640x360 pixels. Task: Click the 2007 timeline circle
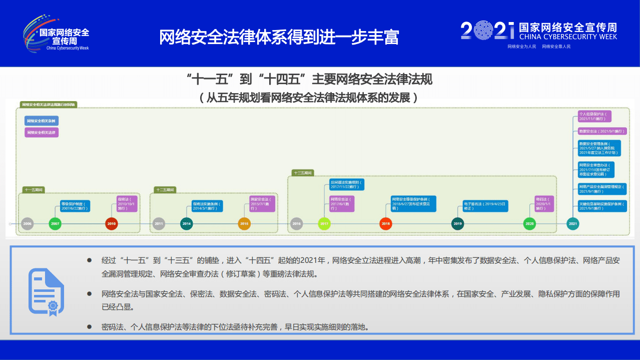point(55,224)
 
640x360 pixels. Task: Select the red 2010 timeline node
point(112,224)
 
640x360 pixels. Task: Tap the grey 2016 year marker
point(296,224)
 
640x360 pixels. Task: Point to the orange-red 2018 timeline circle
point(385,224)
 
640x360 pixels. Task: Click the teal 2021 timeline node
point(573,224)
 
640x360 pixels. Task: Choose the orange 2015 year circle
point(244,224)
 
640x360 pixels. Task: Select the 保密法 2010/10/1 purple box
point(123,204)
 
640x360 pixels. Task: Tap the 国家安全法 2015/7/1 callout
point(263,204)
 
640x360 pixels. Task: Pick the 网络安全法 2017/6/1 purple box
point(342,204)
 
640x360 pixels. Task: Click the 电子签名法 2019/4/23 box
point(485,206)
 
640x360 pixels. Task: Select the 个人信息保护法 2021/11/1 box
point(594,116)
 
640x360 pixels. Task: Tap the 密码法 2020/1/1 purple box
point(544,204)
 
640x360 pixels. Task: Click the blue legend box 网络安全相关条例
point(42,121)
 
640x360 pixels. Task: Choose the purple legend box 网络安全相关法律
point(42,133)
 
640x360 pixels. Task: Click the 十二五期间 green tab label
point(165,190)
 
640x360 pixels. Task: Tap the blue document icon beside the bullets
point(46,291)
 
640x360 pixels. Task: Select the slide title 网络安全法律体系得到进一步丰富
point(279,37)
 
